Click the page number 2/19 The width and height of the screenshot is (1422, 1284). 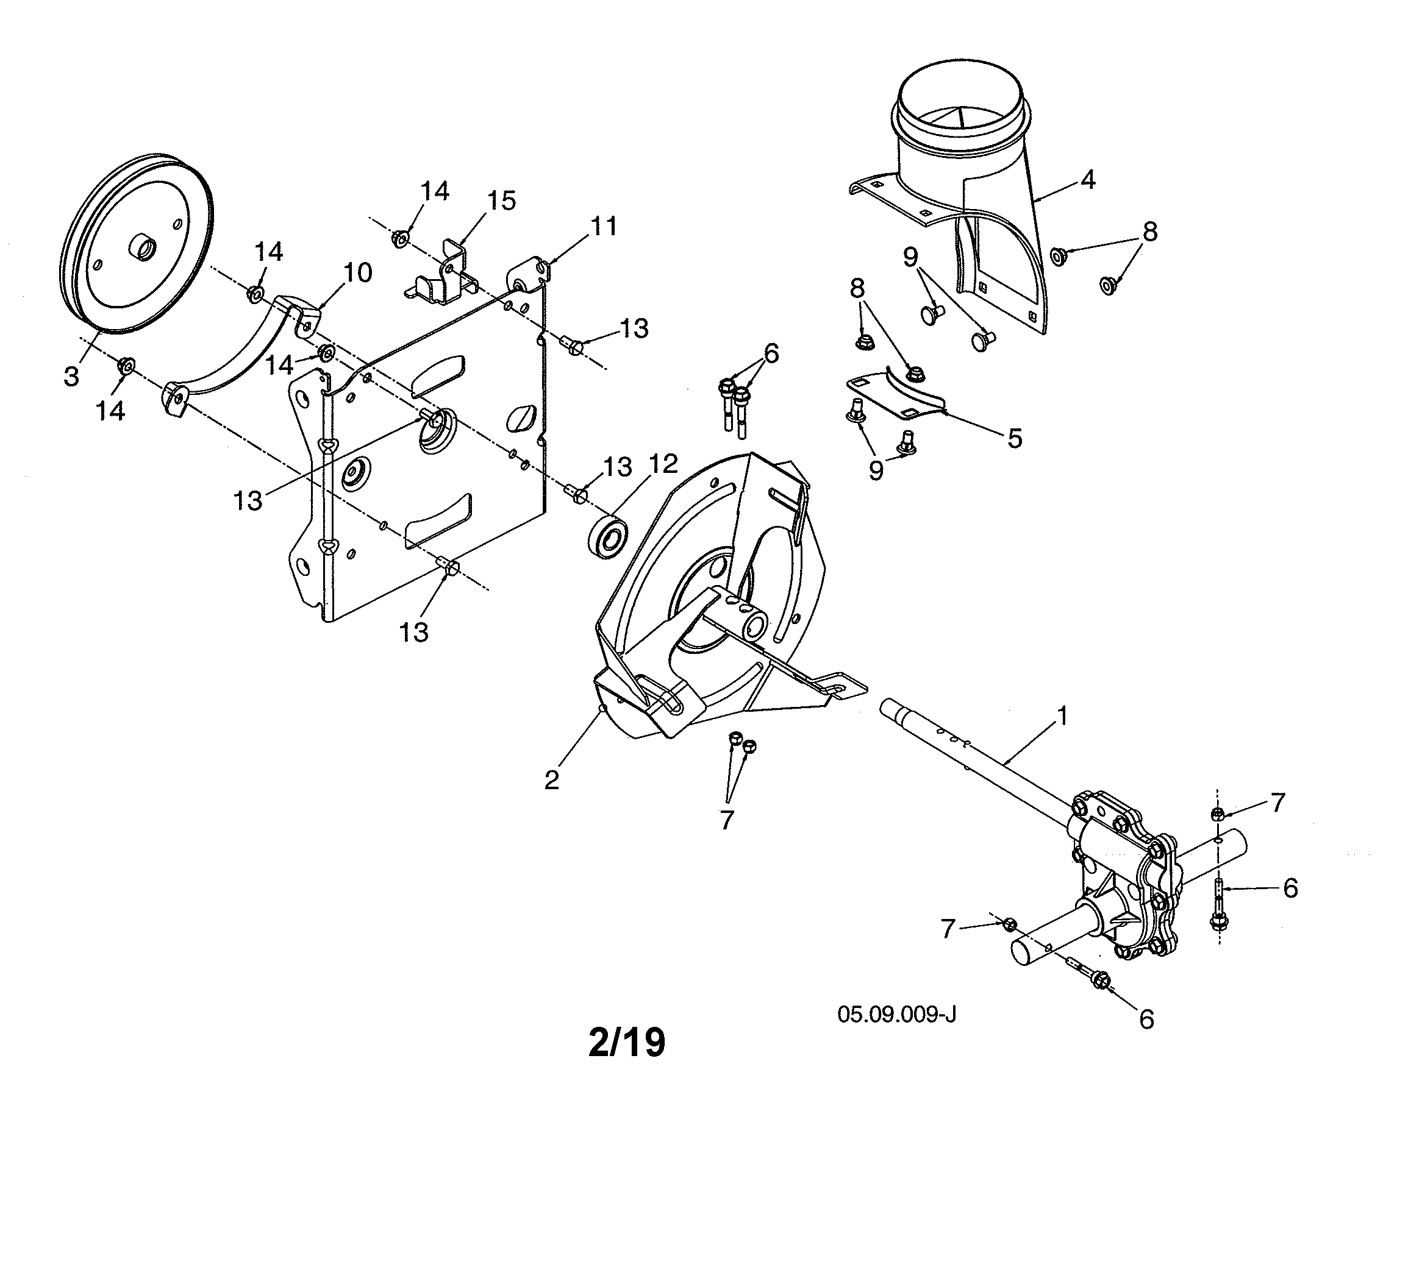626,1043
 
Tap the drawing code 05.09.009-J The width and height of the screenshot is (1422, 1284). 897,1015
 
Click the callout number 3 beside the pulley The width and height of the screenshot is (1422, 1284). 71,377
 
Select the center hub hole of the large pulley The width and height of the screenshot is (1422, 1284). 143,248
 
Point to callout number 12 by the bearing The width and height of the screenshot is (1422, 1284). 663,463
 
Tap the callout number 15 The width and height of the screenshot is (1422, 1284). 501,201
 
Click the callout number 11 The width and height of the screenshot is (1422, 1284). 604,226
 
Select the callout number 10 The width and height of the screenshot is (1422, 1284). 357,272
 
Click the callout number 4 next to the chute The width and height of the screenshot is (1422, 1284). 1088,180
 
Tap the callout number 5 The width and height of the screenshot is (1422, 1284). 1014,439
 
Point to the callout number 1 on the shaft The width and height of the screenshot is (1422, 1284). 1062,717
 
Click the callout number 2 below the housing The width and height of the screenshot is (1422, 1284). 552,780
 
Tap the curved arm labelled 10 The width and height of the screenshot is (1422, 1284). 233,360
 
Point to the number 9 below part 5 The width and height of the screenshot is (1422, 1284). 876,470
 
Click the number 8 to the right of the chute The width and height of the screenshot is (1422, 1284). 1149,232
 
